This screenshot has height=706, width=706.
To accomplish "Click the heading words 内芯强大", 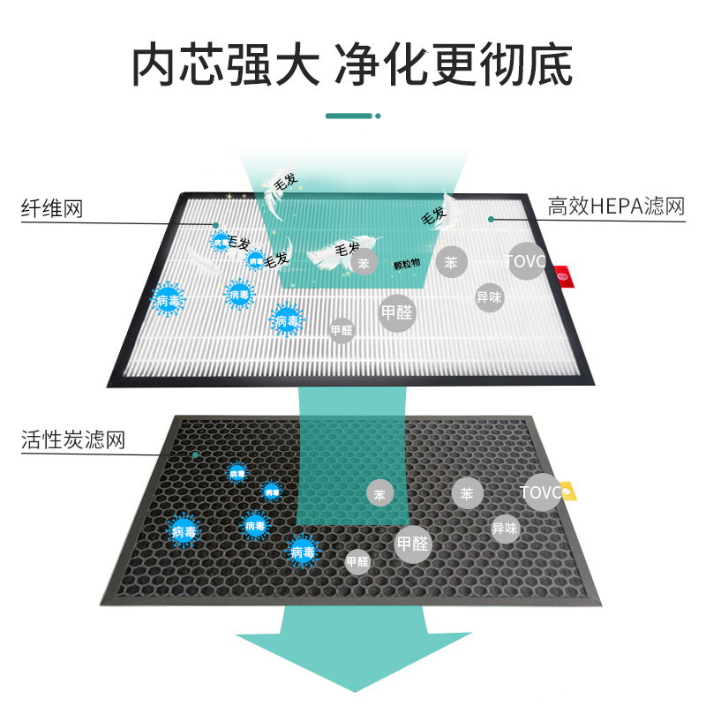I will coord(225,64).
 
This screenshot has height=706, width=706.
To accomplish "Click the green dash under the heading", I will coord(350,116).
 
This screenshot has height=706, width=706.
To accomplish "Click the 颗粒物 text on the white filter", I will coord(407,264).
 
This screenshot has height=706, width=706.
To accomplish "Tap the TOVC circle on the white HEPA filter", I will coord(526,261).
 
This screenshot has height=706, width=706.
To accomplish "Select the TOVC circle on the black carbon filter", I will coord(541,492).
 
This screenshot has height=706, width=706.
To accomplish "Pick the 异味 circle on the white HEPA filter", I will coord(489,297).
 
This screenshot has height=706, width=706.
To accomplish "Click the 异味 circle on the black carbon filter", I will coord(505,529).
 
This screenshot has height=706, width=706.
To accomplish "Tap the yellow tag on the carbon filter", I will coord(569,490).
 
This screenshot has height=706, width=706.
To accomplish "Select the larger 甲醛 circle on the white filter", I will coord(397,312).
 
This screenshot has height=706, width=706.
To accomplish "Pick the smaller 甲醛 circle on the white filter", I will coord(342,331).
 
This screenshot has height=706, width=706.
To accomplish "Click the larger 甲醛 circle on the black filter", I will coord(412,543).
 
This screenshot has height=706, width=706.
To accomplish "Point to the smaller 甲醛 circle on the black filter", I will coord(357,561).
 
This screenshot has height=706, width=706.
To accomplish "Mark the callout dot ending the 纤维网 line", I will coord(216,223).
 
